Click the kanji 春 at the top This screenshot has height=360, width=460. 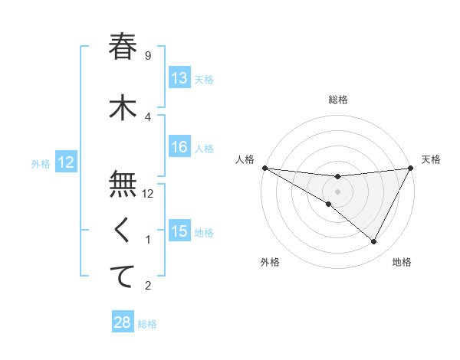(x=123, y=47)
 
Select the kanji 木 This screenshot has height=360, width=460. (x=123, y=108)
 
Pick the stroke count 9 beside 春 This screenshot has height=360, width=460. (x=147, y=55)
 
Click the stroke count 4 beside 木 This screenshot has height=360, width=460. (x=147, y=116)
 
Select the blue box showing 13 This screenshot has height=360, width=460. (x=179, y=78)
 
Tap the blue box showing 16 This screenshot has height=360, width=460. (x=179, y=147)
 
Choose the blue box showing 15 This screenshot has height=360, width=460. (x=179, y=231)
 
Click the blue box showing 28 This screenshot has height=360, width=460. (x=123, y=322)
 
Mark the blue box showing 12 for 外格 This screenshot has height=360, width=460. (x=65, y=162)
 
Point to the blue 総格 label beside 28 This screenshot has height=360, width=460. (x=148, y=324)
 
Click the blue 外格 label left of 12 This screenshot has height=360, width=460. (x=41, y=163)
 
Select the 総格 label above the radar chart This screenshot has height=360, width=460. (x=337, y=100)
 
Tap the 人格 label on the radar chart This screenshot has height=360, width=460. (x=245, y=159)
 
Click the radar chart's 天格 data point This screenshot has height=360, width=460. (x=411, y=168)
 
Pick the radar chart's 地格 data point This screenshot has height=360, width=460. (x=374, y=242)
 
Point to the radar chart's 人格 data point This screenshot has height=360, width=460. (x=264, y=168)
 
